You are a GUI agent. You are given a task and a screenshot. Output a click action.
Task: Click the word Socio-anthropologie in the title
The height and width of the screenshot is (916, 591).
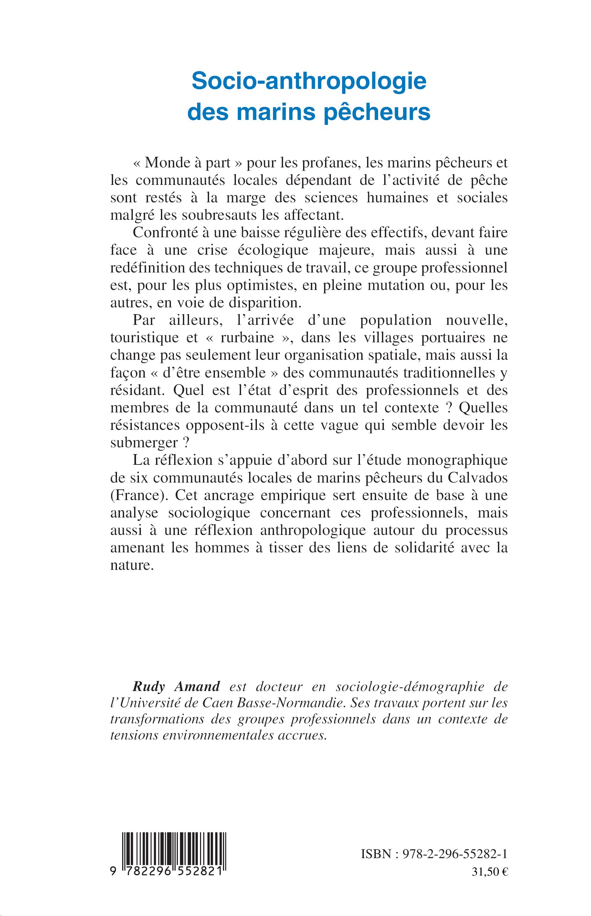click(x=309, y=81)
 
